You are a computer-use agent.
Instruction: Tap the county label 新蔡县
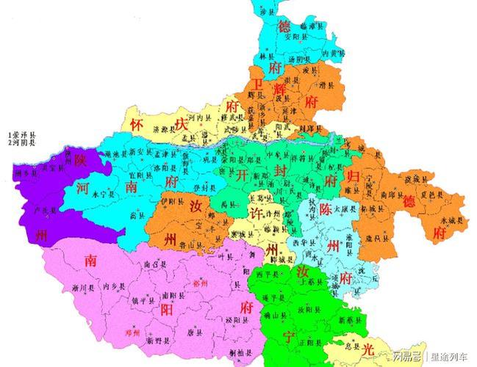348,321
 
